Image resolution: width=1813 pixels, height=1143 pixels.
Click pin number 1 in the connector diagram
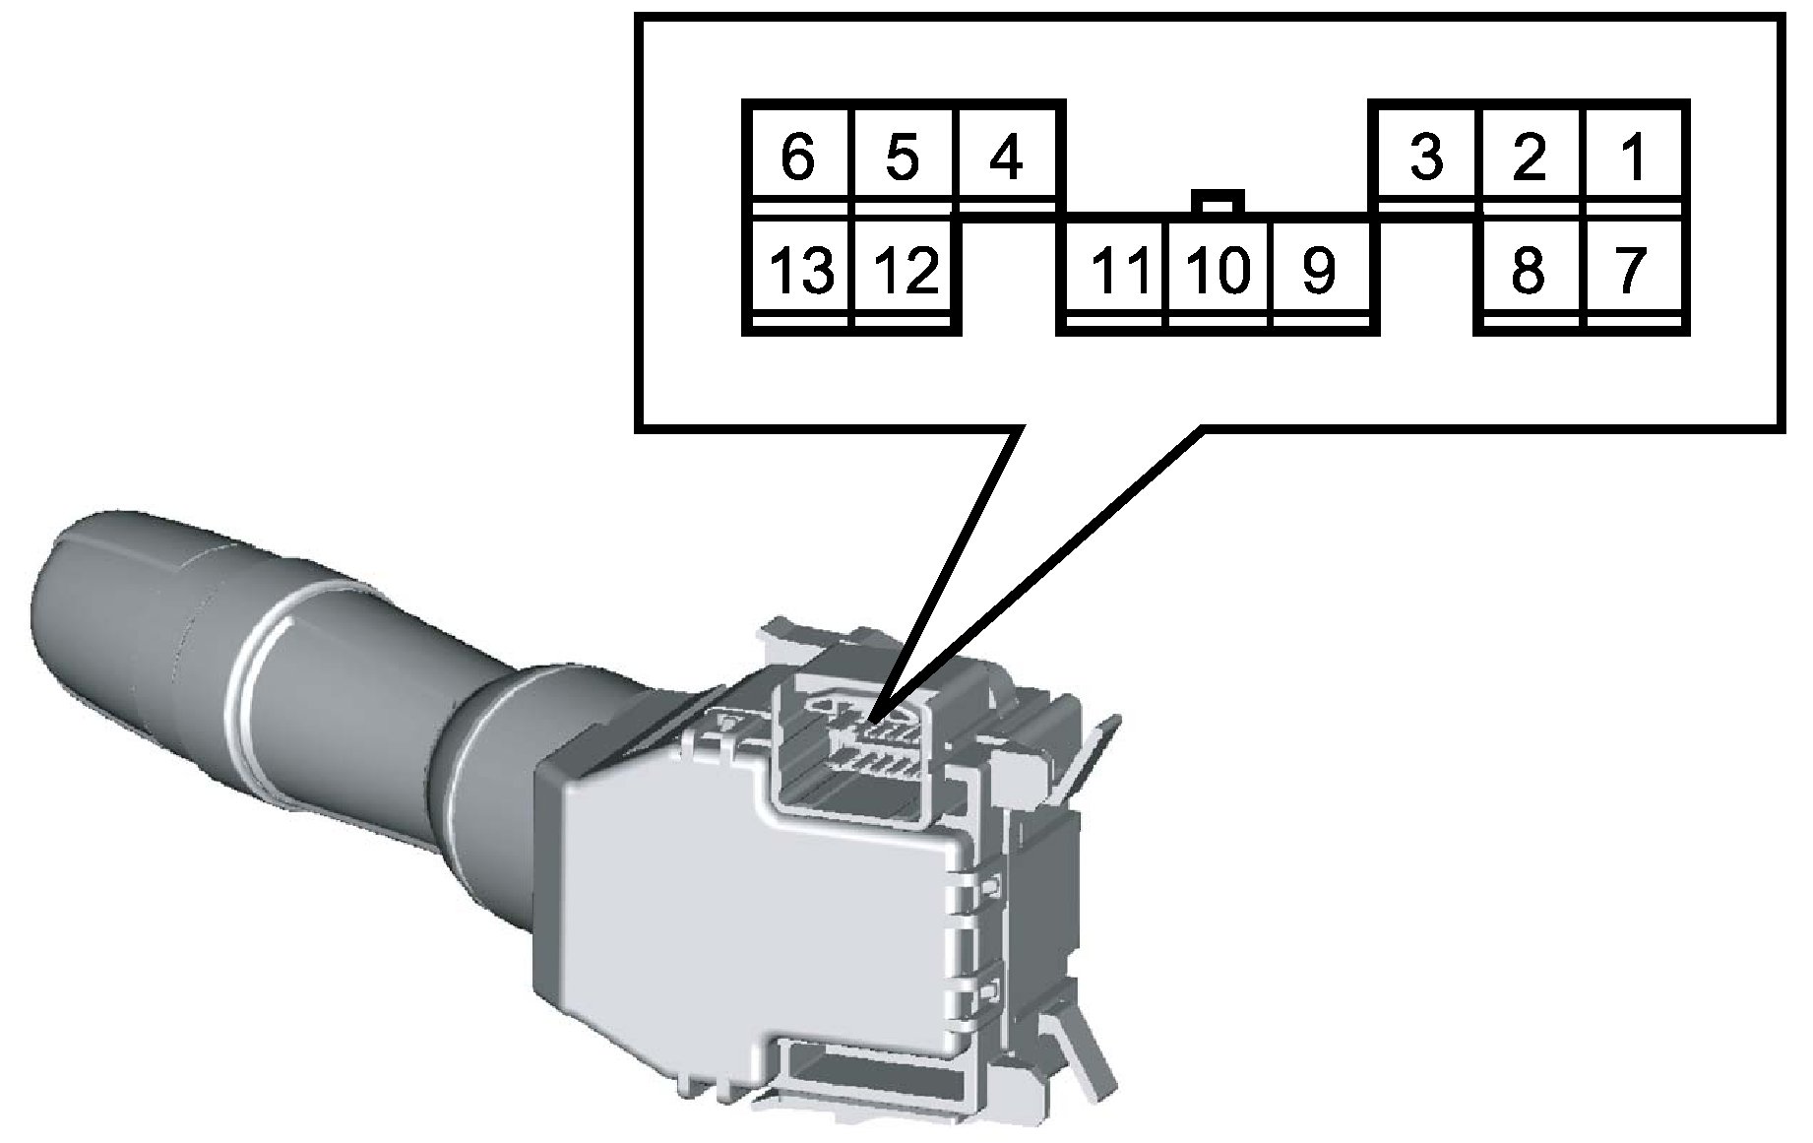click(1633, 159)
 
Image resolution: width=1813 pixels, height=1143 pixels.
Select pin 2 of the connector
click(1529, 159)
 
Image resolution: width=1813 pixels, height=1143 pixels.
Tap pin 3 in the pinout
click(1426, 159)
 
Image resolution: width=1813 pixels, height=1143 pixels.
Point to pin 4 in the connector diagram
click(1006, 159)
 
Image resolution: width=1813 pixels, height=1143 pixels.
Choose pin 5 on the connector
click(902, 159)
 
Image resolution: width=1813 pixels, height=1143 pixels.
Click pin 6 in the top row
click(797, 159)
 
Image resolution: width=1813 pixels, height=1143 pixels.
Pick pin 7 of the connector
click(1631, 271)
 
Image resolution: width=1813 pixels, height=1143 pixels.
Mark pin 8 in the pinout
click(1528, 271)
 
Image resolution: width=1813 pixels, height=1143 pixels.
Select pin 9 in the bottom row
click(1319, 271)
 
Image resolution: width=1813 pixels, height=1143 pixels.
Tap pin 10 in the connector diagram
click(1217, 271)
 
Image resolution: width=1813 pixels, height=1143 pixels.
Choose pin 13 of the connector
click(799, 271)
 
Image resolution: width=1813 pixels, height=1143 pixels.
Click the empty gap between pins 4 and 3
click(1217, 148)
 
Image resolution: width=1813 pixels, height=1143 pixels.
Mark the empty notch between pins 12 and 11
click(1008, 276)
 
